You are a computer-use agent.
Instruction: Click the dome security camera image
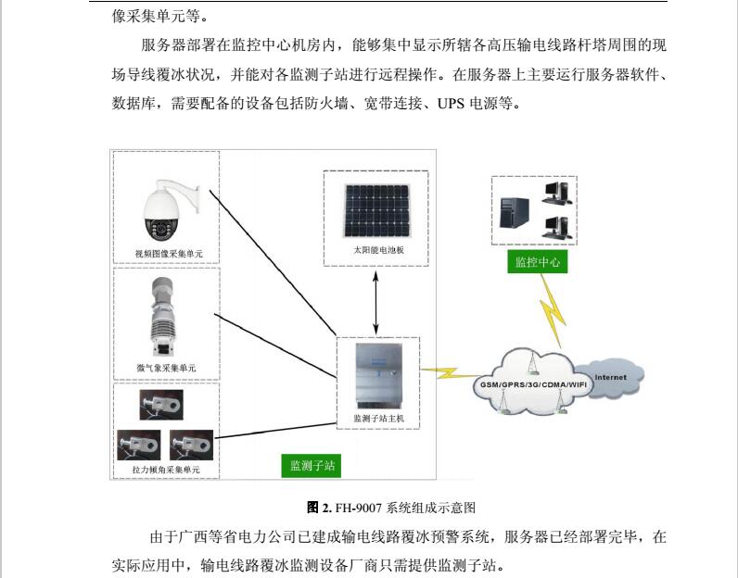click(x=167, y=210)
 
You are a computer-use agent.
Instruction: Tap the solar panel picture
click(x=376, y=210)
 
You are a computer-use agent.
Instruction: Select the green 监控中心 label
click(x=538, y=262)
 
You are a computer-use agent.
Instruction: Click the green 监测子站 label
click(x=312, y=466)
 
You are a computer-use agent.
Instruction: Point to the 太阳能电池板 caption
click(x=378, y=250)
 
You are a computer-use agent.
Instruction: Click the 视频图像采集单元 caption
click(x=169, y=254)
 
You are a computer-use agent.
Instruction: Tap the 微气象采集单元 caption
click(x=166, y=368)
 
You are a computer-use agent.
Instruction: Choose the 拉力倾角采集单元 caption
click(x=166, y=470)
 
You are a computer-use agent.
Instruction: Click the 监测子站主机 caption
click(x=378, y=418)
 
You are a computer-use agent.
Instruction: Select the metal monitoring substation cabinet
click(x=379, y=376)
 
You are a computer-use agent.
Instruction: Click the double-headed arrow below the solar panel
click(x=375, y=303)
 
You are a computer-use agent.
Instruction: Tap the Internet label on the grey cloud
click(x=610, y=377)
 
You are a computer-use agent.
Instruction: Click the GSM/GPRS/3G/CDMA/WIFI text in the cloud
click(x=533, y=384)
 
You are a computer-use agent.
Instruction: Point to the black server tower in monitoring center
click(x=514, y=212)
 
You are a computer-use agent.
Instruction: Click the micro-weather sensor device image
click(x=163, y=317)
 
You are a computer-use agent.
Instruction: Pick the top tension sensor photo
click(x=161, y=405)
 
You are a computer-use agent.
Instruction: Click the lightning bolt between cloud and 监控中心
click(x=552, y=310)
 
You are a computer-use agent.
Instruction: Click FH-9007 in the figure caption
click(x=359, y=508)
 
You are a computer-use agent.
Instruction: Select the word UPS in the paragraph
click(x=451, y=104)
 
